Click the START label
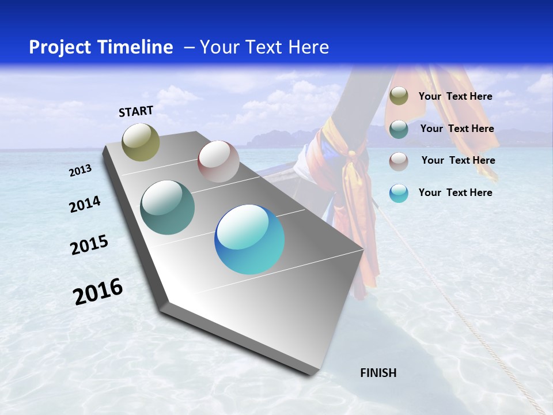(136, 111)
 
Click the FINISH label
(378, 373)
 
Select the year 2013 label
(80, 171)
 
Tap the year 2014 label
(85, 204)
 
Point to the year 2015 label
(89, 245)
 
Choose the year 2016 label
(98, 292)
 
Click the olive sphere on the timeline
(141, 142)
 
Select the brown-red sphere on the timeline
(218, 161)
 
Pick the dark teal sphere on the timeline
(168, 207)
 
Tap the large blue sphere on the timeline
(249, 239)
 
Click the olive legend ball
(399, 96)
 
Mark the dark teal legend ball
(399, 129)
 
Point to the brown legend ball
(399, 161)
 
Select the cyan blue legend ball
(399, 193)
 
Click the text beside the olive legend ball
(455, 96)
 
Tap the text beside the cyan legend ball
(455, 193)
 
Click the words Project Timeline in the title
(101, 47)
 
